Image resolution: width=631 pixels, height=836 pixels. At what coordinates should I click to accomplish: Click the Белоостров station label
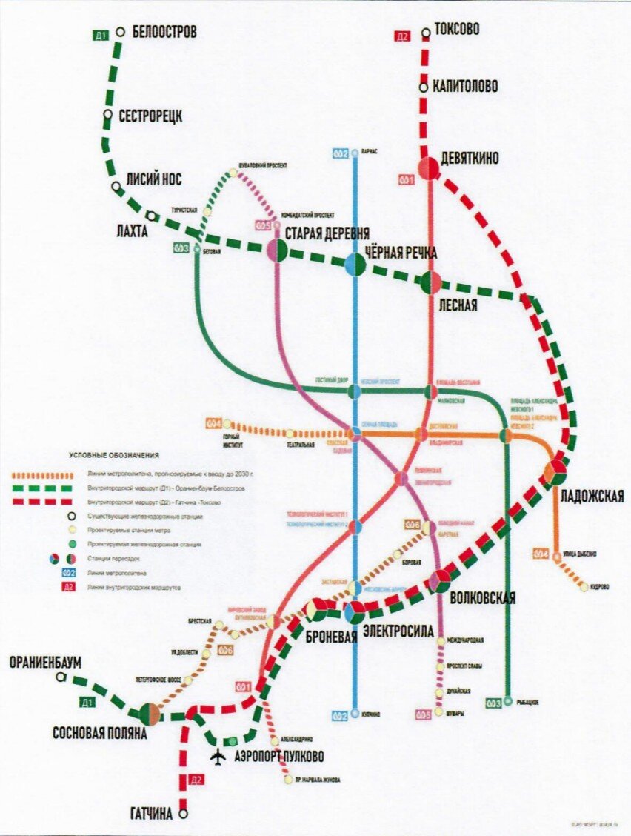point(164,33)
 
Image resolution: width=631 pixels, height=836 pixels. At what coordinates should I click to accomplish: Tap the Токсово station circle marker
point(426,33)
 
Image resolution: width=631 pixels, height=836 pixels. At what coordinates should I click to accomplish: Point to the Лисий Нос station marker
point(116,188)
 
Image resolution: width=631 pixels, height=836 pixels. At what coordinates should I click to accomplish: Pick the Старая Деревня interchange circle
point(278,250)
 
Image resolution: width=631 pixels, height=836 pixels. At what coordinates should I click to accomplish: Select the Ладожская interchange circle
point(555,472)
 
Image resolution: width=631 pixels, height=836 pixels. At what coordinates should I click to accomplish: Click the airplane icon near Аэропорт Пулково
point(218,757)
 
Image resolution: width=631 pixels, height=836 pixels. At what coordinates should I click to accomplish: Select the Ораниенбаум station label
point(45,662)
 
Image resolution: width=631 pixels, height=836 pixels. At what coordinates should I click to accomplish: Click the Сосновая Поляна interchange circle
point(150,714)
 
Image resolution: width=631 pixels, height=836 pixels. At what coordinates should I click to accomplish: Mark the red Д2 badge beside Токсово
point(403,35)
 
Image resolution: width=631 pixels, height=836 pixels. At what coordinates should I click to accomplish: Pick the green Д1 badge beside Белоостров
point(101,35)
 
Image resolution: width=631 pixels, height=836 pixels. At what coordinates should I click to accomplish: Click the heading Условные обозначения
point(114,455)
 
